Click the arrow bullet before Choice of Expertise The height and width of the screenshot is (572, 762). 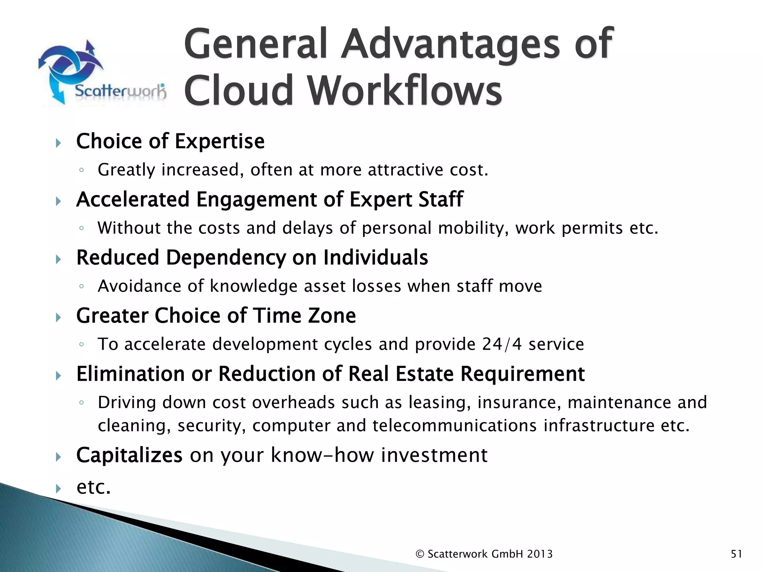coord(58,143)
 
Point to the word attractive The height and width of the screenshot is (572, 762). coord(406,170)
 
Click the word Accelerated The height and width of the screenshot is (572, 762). coord(133,199)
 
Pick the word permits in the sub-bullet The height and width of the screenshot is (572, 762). coord(592,228)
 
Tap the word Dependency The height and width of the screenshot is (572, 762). coord(225,258)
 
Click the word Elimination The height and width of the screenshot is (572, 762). coord(130,374)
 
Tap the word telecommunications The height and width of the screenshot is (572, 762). coord(454,426)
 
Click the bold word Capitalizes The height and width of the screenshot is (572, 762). coord(129,455)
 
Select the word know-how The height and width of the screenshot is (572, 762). coord(322,455)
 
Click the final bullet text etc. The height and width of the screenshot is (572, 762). coord(93,487)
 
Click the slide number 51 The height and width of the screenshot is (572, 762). coord(736,554)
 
